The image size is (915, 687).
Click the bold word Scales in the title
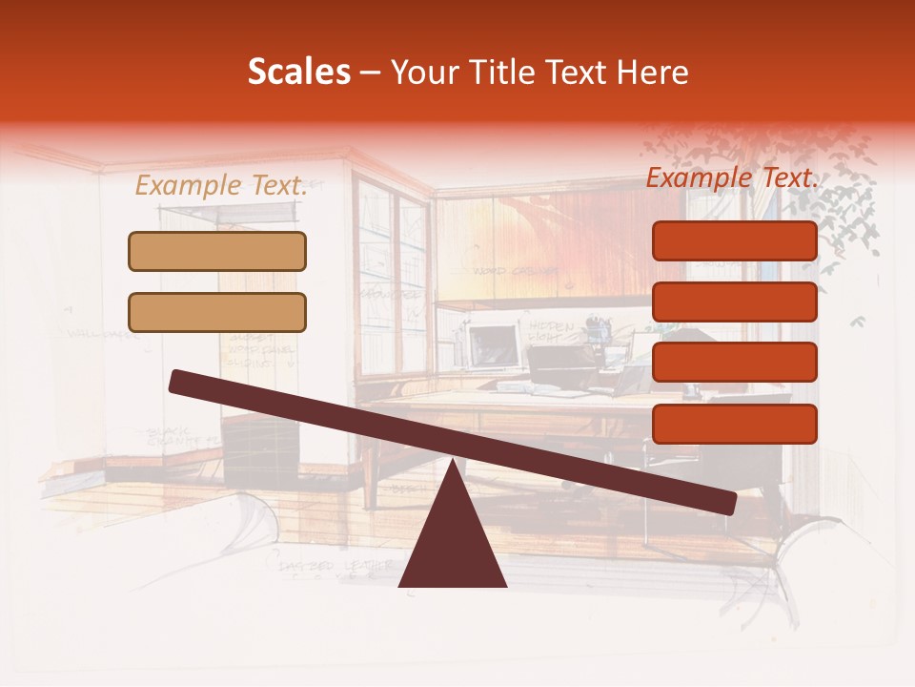tap(298, 73)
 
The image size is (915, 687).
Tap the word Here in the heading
tap(653, 73)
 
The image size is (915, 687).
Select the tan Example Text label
tap(221, 186)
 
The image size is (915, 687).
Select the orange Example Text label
tap(732, 178)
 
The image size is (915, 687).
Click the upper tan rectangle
tap(217, 251)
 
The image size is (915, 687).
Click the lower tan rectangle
tap(217, 312)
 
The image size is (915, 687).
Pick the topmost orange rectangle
tap(734, 240)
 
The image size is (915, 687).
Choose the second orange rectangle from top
tap(734, 302)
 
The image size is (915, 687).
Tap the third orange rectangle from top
tap(734, 362)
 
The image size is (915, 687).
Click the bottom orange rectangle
tap(734, 423)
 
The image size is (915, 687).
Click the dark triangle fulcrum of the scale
tap(452, 539)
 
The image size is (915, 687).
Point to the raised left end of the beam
tap(178, 381)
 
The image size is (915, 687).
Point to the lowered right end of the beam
tap(727, 503)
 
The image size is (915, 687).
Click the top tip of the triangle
tap(453, 463)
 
